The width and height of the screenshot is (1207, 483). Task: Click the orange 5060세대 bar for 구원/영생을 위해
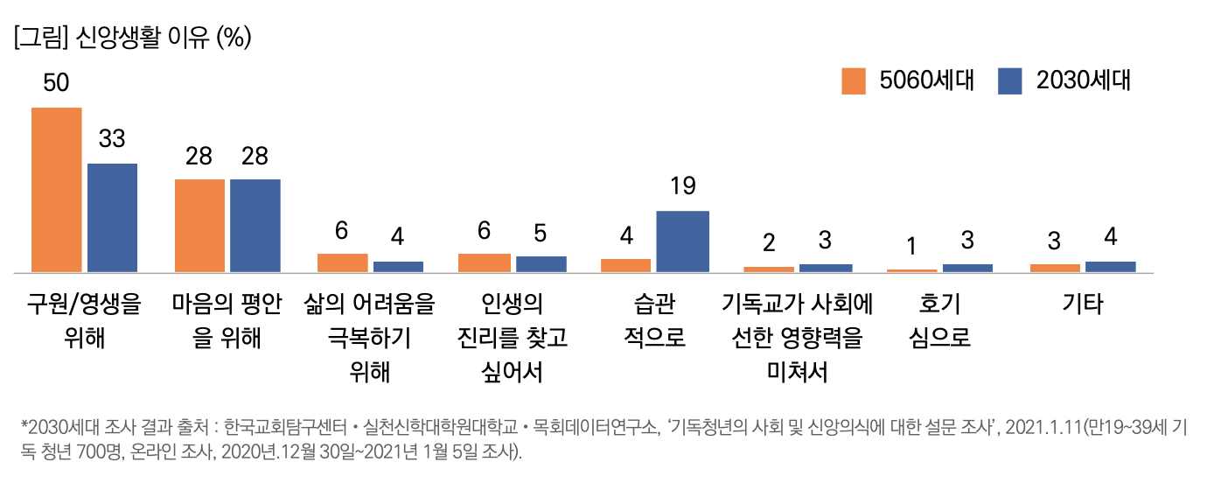pos(57,190)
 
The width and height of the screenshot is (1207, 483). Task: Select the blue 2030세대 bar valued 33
pos(112,218)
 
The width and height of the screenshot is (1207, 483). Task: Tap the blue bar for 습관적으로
pos(682,241)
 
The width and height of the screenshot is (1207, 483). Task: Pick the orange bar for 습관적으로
pos(625,265)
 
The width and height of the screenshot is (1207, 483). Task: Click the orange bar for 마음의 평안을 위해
pos(199,226)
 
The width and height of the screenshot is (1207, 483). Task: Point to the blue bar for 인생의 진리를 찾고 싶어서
pos(541,263)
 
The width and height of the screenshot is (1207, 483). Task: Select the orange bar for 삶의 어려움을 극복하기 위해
pos(342,262)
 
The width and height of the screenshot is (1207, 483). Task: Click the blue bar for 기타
pos(1110,266)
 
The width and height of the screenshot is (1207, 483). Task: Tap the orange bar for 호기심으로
pos(910,270)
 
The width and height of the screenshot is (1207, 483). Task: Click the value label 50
pos(56,83)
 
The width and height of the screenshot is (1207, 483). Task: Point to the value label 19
pos(682,186)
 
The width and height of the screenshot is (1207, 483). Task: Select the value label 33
pos(112,139)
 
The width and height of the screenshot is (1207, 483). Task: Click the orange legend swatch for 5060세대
pos(854,80)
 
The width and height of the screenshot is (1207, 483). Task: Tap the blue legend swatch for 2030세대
pos(1009,80)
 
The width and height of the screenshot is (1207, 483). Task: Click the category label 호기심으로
pos(940,321)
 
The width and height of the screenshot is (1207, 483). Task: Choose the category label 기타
pos(1083,304)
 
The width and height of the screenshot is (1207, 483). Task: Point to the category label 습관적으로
pos(655,321)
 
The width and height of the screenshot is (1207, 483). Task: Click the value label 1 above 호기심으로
pos(910,241)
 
